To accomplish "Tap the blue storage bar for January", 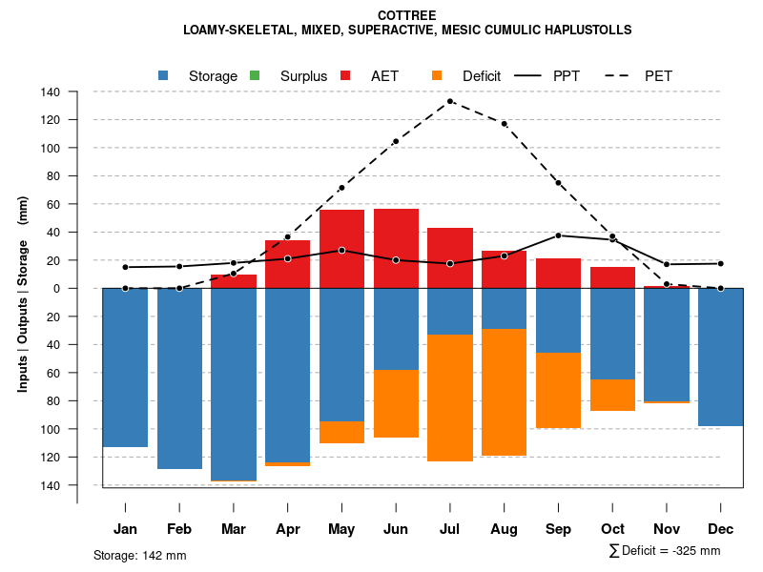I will pyautogui.click(x=125, y=367).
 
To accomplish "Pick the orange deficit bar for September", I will pyautogui.click(x=559, y=390).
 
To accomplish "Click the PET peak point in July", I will pyautogui.click(x=450, y=101).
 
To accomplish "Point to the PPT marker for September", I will pyautogui.click(x=559, y=235).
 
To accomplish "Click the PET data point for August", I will pyautogui.click(x=505, y=124).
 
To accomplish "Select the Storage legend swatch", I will pyautogui.click(x=164, y=75).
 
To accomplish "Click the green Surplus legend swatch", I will pyautogui.click(x=255, y=75).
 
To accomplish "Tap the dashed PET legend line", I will pyautogui.click(x=620, y=75).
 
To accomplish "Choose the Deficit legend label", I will pyautogui.click(x=482, y=75).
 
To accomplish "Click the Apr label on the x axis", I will pyautogui.click(x=287, y=529).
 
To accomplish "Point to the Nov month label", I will pyautogui.click(x=667, y=529).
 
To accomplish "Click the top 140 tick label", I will pyautogui.click(x=51, y=92).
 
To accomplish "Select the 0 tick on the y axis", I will pyautogui.click(x=56, y=289).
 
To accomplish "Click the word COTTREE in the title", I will pyautogui.click(x=407, y=15).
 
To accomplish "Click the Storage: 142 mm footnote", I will pyautogui.click(x=139, y=555).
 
